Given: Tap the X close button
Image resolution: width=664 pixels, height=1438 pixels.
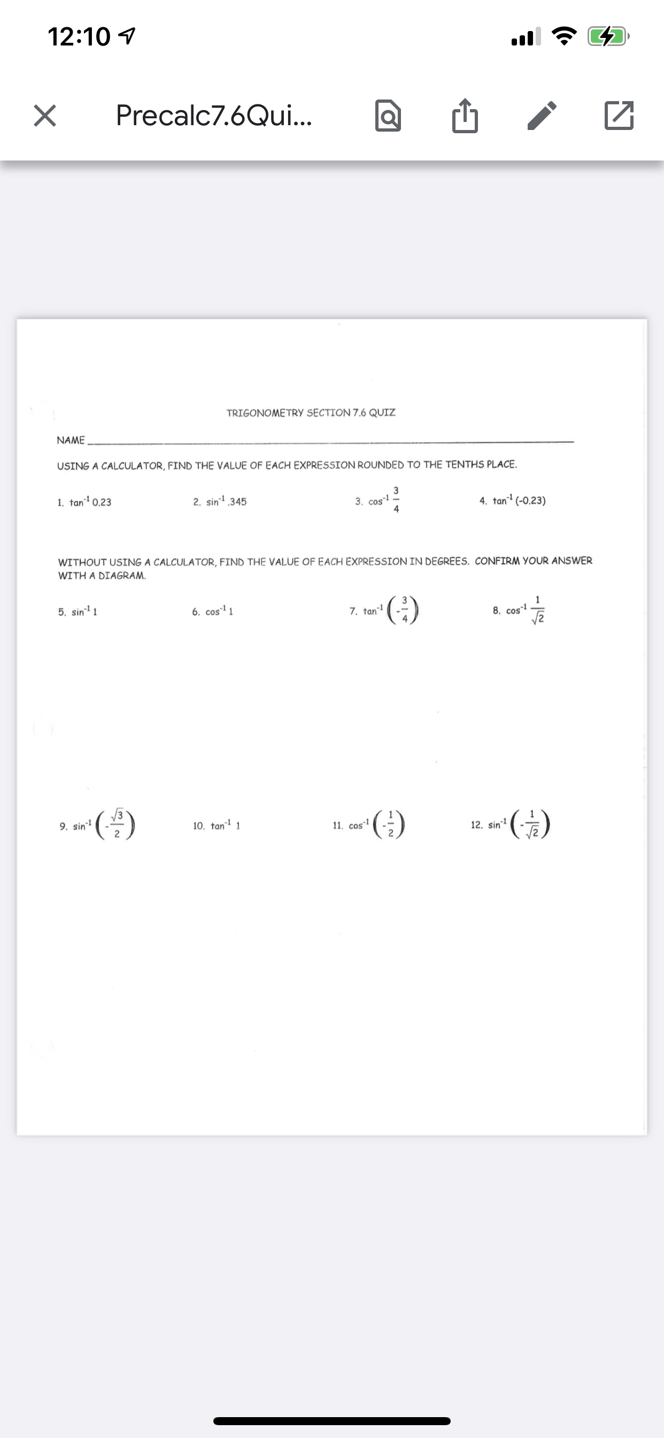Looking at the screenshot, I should (44, 116).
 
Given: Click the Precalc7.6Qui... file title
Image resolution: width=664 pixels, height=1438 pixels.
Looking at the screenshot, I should (214, 116).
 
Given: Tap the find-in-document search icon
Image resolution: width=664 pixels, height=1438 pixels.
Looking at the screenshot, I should (388, 116).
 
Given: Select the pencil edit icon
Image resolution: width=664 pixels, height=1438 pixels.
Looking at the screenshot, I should (542, 116).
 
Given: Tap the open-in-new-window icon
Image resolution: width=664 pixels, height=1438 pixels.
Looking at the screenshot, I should (619, 116).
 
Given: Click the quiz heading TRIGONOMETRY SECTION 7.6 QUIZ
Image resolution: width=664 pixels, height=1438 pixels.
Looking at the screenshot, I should (311, 412).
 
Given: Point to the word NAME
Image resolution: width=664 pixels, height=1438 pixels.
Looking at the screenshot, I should (71, 440).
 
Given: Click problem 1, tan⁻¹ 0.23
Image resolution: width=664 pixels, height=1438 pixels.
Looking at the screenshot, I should (85, 502).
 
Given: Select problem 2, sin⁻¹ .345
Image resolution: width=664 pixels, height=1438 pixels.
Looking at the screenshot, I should (220, 501).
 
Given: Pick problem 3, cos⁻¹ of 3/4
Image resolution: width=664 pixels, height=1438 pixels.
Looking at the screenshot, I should (378, 500).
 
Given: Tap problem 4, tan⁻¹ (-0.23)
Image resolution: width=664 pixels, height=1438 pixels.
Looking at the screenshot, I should (512, 500).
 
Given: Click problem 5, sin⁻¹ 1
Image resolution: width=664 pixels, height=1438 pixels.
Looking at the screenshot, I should (78, 612).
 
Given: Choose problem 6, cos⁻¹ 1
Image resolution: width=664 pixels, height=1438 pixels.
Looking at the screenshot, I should (213, 612).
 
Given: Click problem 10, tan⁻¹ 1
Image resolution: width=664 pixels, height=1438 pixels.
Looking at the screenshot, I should (217, 825).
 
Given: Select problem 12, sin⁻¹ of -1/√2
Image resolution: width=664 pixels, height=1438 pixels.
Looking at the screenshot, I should (511, 824).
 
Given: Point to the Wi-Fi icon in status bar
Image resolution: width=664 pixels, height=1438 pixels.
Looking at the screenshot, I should (564, 37).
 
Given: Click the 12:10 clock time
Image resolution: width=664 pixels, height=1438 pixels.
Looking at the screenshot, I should (79, 37).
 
